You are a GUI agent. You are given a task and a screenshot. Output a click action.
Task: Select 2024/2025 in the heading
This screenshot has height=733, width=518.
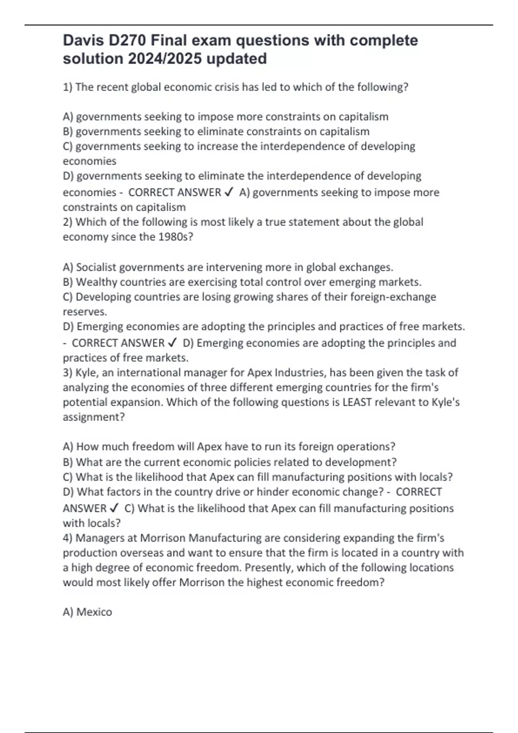coord(164,59)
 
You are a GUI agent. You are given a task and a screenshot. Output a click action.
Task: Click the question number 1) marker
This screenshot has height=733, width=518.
coord(68,87)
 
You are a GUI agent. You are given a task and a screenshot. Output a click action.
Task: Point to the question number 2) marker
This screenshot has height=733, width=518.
coord(68,222)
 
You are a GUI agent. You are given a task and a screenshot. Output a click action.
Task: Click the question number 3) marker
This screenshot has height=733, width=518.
coord(68,373)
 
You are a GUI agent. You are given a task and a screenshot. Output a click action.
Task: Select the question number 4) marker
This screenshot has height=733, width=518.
coord(68,538)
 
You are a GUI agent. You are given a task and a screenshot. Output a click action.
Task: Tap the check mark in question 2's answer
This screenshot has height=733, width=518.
coord(172,343)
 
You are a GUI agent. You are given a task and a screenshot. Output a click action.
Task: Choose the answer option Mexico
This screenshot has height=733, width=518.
coord(94,612)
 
